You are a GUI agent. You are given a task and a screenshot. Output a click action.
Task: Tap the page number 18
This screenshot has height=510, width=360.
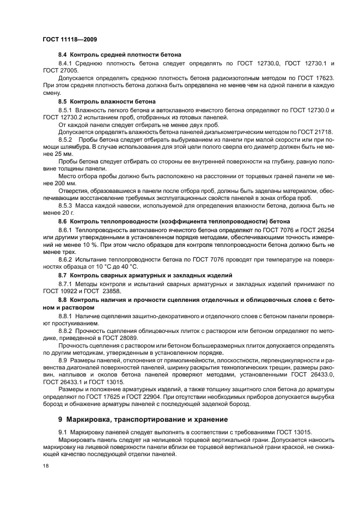coord(45,466)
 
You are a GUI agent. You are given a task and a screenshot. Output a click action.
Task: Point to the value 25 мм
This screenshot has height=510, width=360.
coord(53,154)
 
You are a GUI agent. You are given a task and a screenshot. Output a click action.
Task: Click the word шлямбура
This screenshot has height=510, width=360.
coord(62,147)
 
